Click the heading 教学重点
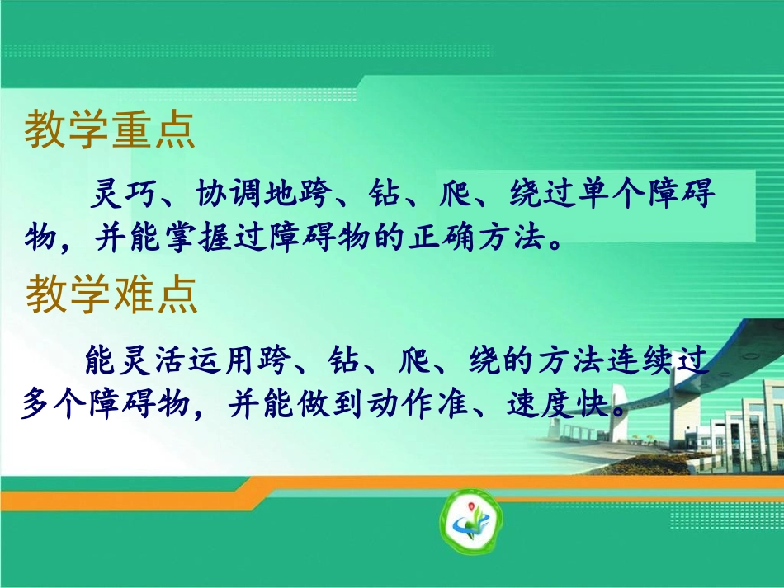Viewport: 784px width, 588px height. point(110,131)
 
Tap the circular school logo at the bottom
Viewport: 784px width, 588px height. point(470,521)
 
